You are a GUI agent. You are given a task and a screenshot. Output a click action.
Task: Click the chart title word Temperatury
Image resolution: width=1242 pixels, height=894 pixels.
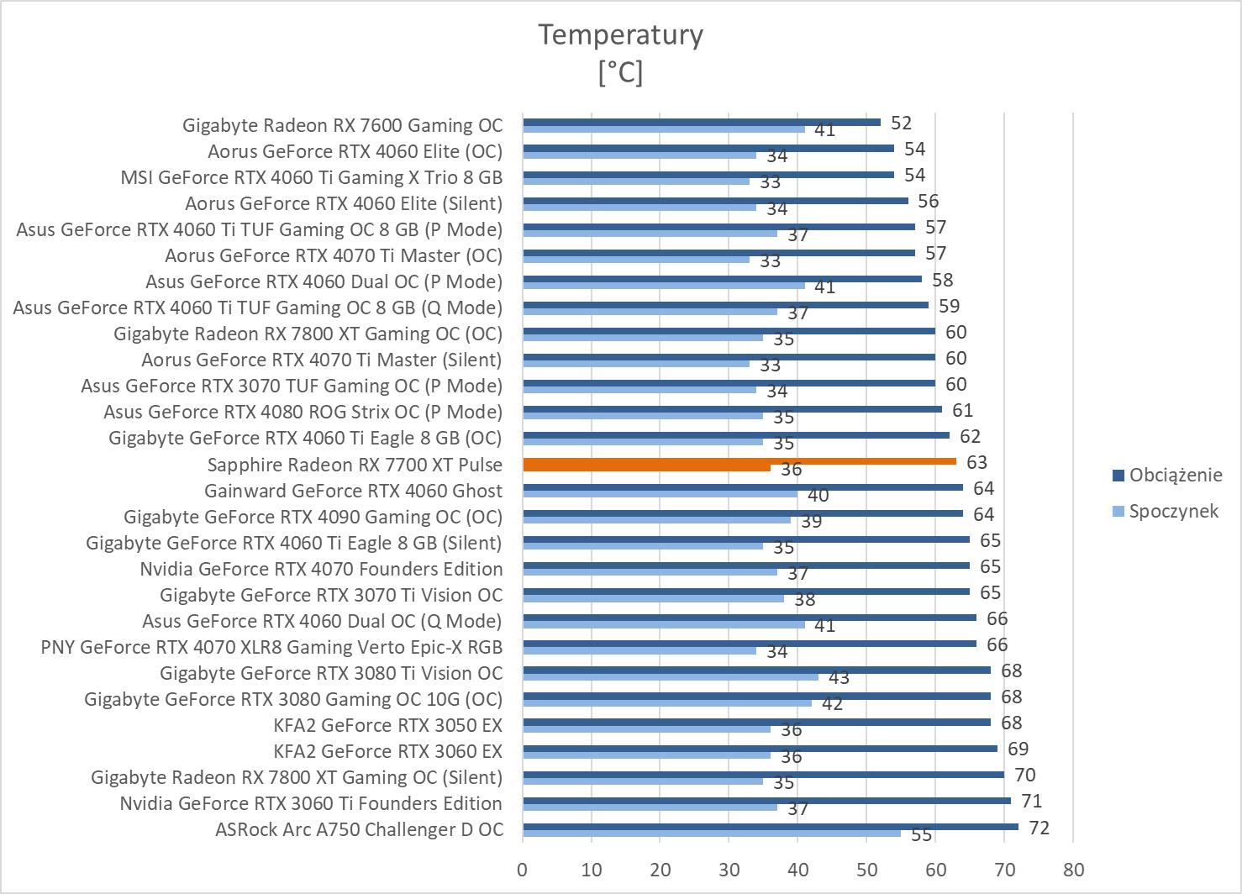point(620,35)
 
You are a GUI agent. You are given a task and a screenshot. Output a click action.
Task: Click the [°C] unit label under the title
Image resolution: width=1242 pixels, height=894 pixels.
point(620,73)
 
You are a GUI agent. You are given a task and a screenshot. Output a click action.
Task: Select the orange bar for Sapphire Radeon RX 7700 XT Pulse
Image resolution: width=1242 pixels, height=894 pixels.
point(739,461)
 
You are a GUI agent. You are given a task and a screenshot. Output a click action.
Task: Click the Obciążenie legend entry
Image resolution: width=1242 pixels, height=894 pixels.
point(1175,475)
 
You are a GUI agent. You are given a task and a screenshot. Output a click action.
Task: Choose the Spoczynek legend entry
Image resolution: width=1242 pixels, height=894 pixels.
point(1173,511)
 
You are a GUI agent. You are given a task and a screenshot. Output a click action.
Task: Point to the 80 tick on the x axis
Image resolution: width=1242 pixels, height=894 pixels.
point(1073,870)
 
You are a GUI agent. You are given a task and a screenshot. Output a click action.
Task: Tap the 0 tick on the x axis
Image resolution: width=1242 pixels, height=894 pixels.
point(523,870)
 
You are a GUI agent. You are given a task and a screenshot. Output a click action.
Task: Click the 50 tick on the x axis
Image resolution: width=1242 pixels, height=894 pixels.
point(866,870)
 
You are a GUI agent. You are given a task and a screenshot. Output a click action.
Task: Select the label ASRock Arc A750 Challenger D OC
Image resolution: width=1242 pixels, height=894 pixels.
point(359,830)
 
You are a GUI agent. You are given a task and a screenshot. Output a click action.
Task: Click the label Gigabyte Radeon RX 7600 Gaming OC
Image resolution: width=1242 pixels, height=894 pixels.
point(342,126)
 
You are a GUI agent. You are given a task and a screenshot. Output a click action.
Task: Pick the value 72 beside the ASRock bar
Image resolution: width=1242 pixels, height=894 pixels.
point(1039,828)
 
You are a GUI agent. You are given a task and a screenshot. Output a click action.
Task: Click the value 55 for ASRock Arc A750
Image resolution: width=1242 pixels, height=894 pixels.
point(922,835)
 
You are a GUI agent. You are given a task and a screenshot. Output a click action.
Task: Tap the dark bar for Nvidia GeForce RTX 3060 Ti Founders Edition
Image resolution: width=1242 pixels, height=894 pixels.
point(766,800)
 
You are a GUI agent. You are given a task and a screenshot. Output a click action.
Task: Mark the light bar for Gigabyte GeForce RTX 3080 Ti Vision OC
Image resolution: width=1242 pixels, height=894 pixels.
point(670,677)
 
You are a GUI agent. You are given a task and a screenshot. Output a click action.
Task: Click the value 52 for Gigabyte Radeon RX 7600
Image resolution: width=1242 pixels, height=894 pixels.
point(901,123)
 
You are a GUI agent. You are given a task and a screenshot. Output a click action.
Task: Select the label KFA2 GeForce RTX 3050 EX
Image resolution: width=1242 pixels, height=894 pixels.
point(387,726)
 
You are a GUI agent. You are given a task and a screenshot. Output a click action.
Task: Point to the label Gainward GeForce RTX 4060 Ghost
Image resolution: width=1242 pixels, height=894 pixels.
point(353,491)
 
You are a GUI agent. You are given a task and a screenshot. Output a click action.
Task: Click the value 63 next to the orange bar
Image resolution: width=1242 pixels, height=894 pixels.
point(976,462)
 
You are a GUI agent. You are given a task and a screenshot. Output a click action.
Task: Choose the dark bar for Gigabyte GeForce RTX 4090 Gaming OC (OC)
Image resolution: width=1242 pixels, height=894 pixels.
point(743,513)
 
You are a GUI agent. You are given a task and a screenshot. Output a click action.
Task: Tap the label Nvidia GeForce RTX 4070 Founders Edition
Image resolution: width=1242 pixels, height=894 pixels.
point(321,569)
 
